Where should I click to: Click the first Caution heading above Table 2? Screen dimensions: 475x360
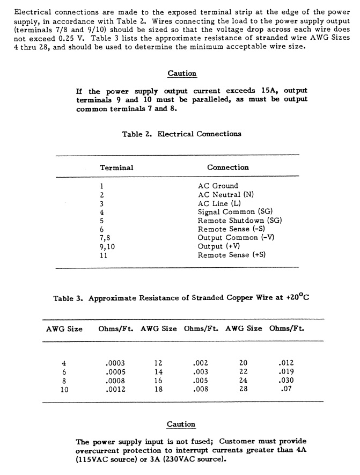182,74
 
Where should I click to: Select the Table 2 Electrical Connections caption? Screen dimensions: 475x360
181,134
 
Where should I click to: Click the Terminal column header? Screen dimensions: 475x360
116,167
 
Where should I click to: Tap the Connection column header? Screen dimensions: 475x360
228,167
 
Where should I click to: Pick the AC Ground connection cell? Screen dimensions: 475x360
218,186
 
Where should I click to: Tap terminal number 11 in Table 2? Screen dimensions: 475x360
104,255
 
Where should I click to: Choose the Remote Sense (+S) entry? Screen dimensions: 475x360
232,255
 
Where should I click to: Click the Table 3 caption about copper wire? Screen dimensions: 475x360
181,298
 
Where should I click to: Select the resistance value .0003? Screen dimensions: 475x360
116,362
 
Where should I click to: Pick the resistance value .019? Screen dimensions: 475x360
287,371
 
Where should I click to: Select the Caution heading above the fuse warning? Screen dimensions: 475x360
181,425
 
